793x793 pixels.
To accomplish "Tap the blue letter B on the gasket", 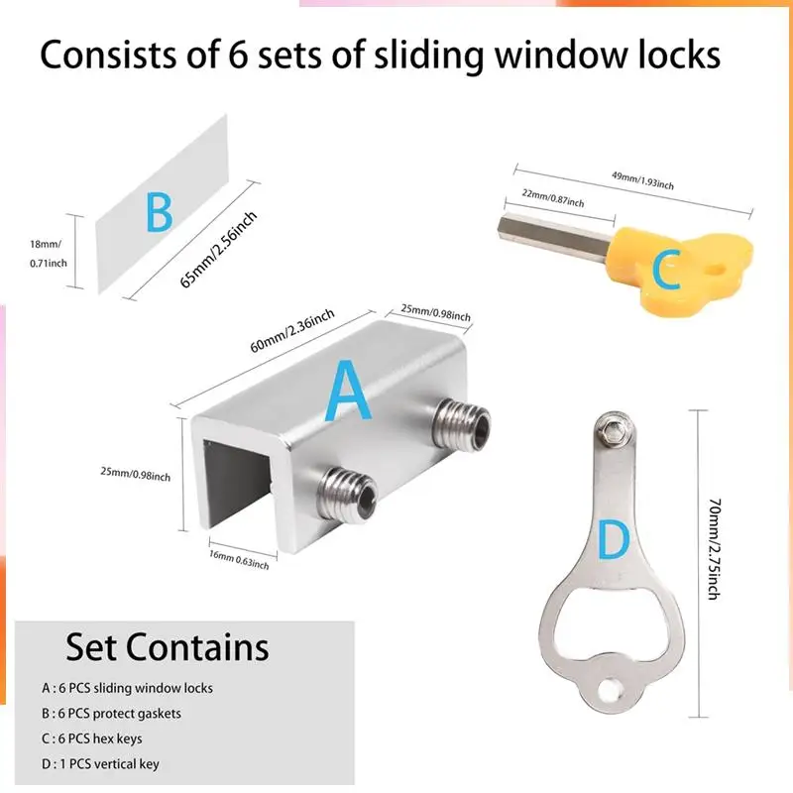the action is pos(159,212).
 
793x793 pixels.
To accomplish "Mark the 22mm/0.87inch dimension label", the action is pos(551,197).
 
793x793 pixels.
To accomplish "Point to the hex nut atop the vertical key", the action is pos(615,428).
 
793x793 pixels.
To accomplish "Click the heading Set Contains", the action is pos(168,647).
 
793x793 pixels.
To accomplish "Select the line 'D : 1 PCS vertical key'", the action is pos(100,764).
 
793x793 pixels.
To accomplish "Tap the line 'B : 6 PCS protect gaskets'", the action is pos(111,713).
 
